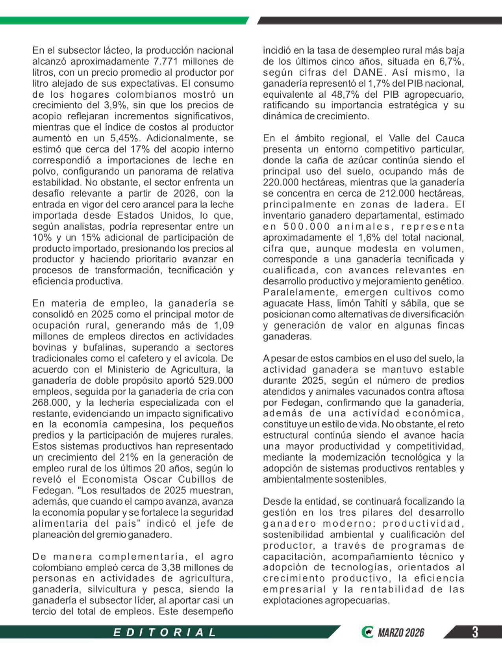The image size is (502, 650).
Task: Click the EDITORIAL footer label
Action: [x=165, y=633]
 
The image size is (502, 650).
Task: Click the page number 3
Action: [x=475, y=632]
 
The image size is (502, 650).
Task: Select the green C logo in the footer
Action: [x=367, y=632]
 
